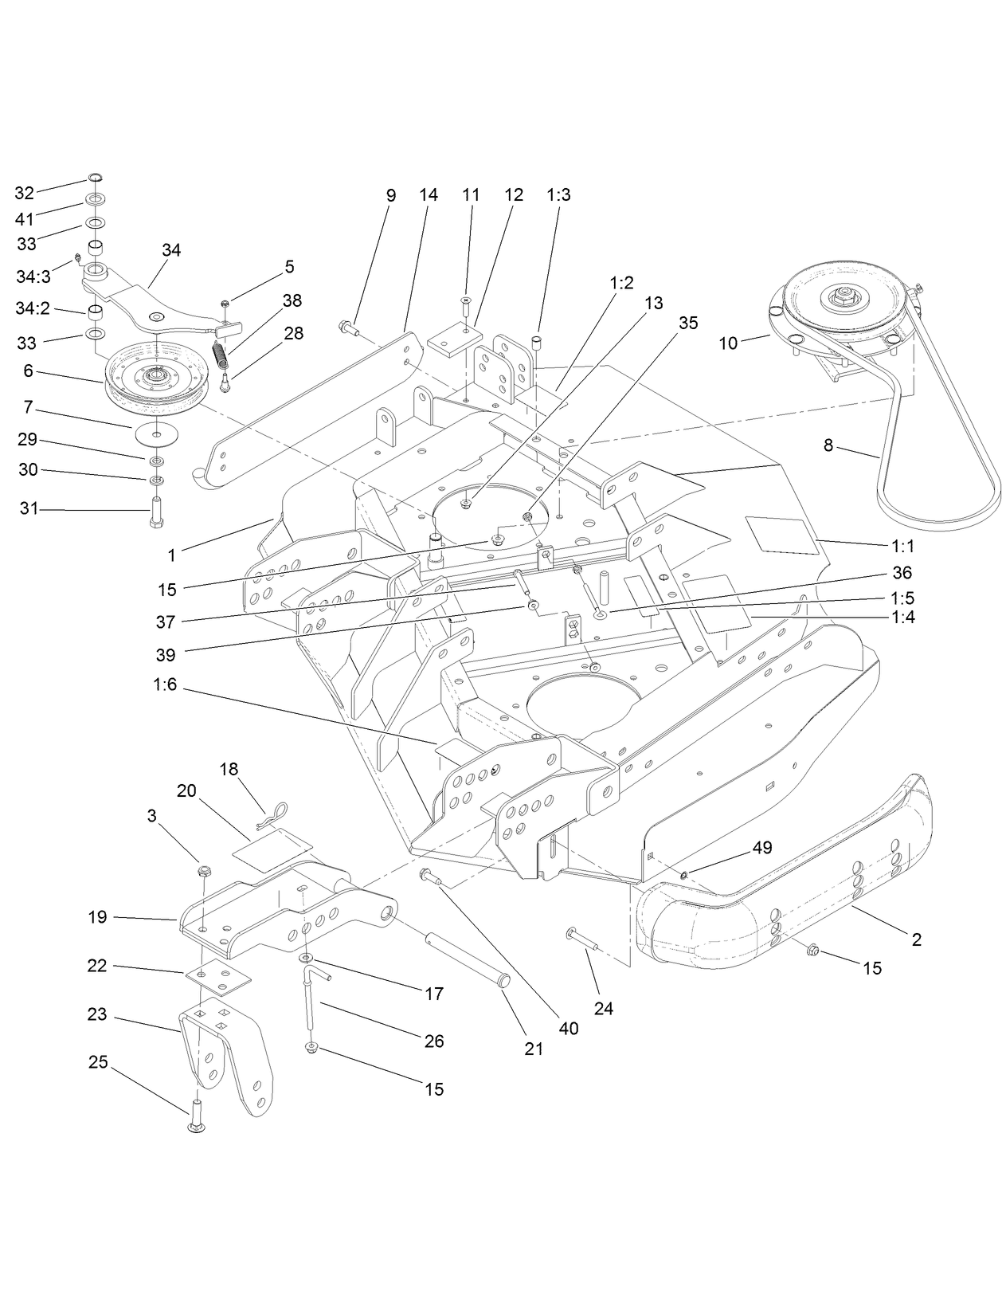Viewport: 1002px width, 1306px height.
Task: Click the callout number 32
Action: pyautogui.click(x=25, y=193)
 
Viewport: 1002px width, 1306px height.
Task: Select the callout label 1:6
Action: pyautogui.click(x=167, y=684)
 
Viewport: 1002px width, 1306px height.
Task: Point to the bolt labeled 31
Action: pyautogui.click(x=155, y=508)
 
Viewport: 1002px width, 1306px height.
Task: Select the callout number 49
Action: pyautogui.click(x=762, y=848)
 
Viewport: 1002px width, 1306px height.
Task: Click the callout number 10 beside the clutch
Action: pyautogui.click(x=728, y=343)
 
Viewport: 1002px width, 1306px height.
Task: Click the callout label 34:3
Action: pyautogui.click(x=33, y=276)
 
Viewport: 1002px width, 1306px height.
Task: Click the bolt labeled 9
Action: pyautogui.click(x=351, y=326)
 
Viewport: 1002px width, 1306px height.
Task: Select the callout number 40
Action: pyautogui.click(x=568, y=1028)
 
